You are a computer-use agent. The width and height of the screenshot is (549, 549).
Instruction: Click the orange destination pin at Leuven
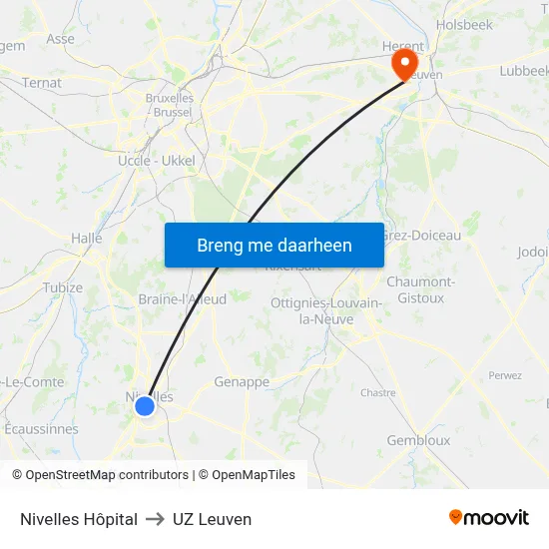click(x=405, y=64)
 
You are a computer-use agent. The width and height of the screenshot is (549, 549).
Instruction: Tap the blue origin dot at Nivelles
click(x=145, y=405)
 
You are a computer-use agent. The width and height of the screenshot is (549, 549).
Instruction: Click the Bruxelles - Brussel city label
click(x=170, y=106)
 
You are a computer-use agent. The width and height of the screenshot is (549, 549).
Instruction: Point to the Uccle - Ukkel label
click(x=158, y=160)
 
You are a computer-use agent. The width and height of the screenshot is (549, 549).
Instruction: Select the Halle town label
click(x=87, y=239)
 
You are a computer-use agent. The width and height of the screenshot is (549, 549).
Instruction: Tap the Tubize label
click(x=63, y=287)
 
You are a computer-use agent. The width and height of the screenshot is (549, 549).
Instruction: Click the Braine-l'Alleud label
click(x=182, y=298)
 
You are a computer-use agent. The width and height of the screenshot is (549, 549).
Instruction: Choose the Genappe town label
click(x=242, y=381)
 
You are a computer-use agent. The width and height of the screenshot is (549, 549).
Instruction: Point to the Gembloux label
click(x=418, y=440)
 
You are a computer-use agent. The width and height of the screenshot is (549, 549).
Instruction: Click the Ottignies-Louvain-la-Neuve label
click(x=325, y=310)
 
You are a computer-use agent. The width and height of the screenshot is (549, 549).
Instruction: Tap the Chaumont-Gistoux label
click(x=420, y=289)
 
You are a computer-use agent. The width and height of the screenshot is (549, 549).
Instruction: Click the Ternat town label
click(x=41, y=83)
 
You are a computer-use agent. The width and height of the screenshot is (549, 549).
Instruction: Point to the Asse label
click(x=60, y=39)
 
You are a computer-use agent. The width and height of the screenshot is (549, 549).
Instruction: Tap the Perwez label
click(x=505, y=375)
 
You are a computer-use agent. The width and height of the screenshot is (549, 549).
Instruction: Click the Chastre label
click(x=378, y=392)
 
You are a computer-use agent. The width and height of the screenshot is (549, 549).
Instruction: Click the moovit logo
click(x=488, y=517)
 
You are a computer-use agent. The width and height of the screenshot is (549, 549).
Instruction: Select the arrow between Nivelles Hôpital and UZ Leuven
click(x=154, y=519)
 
